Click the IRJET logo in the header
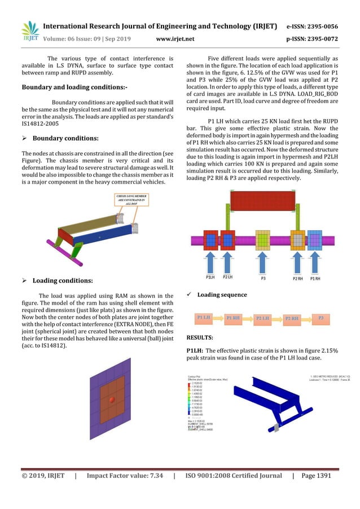29,31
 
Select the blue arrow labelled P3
264,262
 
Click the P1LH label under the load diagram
210,278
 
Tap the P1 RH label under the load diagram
316,278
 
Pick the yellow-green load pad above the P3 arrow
264,239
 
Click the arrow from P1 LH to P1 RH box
221,318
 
